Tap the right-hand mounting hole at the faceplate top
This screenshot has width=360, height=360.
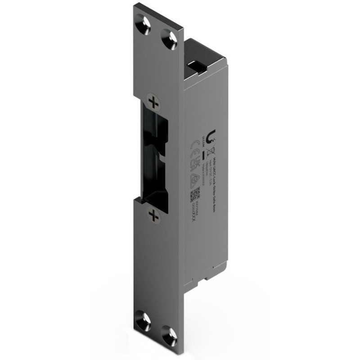pyautogui.click(x=169, y=39)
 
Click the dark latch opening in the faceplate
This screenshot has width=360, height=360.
pyautogui.click(x=155, y=157)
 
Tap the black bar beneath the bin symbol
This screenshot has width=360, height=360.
pyautogui.click(x=204, y=155)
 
